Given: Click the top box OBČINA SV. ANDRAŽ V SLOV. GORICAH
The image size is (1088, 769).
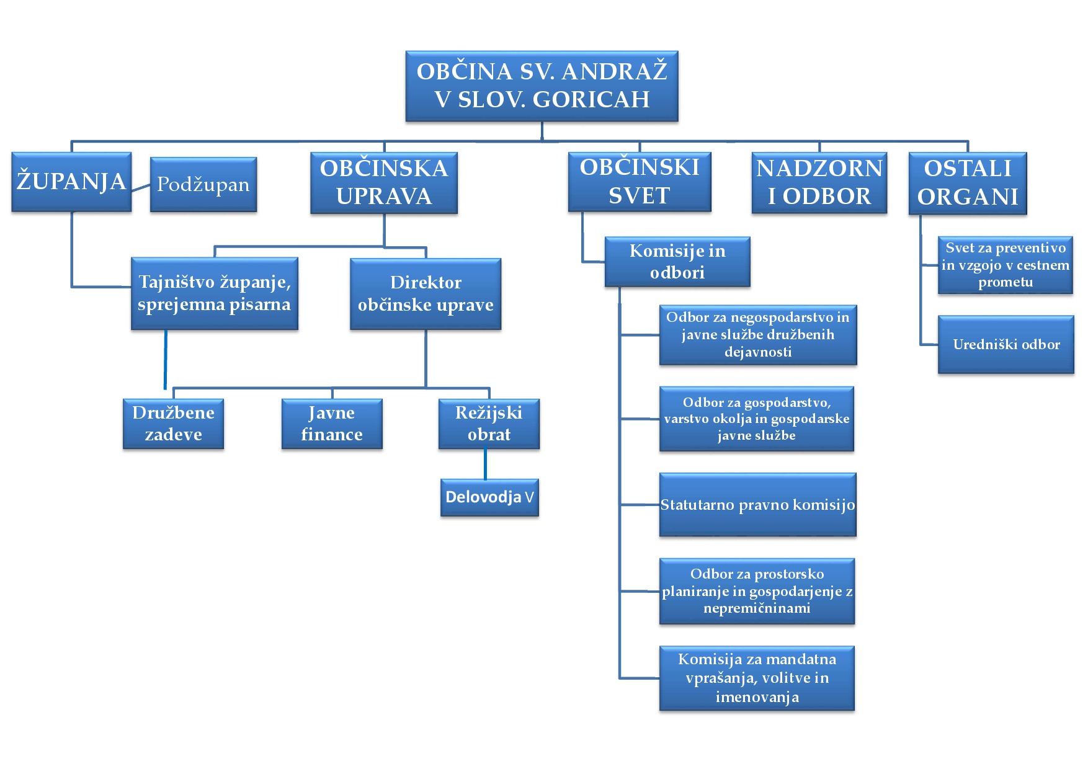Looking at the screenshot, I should (542, 86).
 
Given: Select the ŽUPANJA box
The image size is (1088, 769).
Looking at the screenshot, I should (71, 182).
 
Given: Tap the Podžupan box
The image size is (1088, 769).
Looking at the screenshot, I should (203, 184).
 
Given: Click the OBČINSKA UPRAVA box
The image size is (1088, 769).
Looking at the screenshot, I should (384, 182).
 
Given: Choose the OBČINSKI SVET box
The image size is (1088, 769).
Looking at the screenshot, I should (640, 182).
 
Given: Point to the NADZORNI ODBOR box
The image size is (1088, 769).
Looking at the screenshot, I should (819, 182).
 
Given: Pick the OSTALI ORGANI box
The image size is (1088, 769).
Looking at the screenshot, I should (968, 183).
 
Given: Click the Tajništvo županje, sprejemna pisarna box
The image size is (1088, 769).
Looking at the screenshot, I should (215, 293).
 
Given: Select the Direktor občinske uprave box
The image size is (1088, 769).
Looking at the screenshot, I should (426, 293).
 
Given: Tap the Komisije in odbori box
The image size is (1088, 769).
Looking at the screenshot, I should (677, 261).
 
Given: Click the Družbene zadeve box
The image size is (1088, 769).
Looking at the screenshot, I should (173, 424).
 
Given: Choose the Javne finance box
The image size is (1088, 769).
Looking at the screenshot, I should (332, 424).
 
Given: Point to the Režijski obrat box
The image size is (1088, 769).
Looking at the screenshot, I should (489, 424).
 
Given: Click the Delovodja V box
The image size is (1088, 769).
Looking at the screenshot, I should (489, 497).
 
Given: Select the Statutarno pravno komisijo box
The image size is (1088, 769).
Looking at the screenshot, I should (757, 505).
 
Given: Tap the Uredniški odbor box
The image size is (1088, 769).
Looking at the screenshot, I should (1006, 345).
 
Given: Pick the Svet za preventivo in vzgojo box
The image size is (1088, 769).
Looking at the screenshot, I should (1006, 265).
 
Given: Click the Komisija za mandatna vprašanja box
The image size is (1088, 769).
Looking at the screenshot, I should (757, 678).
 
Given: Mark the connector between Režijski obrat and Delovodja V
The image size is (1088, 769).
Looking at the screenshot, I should (485, 464).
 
